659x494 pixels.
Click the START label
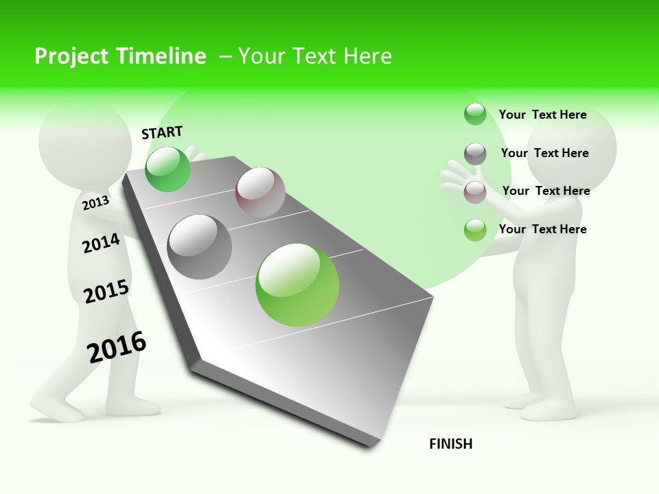(162, 132)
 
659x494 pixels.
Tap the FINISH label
(450, 444)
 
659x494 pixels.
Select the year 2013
(95, 202)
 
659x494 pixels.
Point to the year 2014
(101, 243)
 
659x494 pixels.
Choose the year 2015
(106, 292)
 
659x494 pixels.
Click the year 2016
(117, 346)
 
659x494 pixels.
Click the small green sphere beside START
(167, 169)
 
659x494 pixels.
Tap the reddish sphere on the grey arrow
(260, 192)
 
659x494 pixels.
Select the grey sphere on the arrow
(200, 247)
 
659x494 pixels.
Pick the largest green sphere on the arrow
(297, 285)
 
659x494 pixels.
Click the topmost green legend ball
(475, 114)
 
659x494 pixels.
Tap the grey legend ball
(475, 154)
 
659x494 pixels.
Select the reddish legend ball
(475, 192)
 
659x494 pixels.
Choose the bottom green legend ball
(475, 230)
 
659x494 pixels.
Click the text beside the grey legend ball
(544, 153)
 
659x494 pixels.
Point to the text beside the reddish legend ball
(546, 191)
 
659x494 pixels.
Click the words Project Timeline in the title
(120, 56)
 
